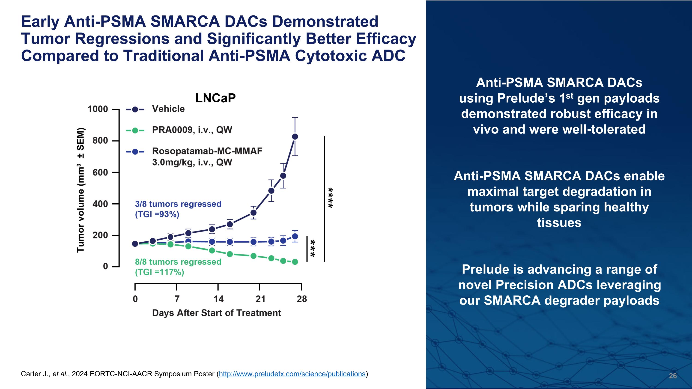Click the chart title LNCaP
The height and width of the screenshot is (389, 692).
coord(215,98)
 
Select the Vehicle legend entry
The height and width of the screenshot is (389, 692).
coord(168,109)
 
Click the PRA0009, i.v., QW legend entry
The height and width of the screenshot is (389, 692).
coord(192,130)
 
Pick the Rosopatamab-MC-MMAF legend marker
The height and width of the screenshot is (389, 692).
coord(135,152)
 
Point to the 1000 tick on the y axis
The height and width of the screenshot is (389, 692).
coord(98,109)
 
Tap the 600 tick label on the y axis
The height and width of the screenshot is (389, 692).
coord(100,172)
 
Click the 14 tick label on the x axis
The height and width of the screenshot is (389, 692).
coord(218,299)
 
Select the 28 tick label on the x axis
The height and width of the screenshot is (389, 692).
coord(302,299)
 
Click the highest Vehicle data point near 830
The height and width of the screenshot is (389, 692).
coord(295,137)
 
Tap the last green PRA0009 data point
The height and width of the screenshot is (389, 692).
coord(295,262)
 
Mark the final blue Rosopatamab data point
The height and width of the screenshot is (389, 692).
coord(295,236)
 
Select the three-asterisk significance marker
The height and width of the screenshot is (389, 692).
coord(313,248)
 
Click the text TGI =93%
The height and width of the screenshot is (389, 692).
coord(157,214)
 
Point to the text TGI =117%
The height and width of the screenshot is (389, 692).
coord(160,272)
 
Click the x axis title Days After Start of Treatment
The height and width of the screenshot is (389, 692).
coord(217,313)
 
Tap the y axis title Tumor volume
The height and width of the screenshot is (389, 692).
coord(81,190)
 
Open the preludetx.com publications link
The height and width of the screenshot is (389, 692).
coord(292,374)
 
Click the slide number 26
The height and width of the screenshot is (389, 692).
coord(673,376)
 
